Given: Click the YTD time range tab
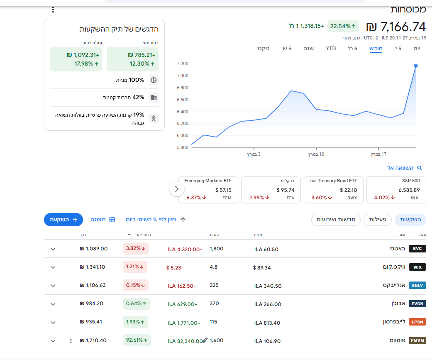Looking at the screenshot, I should pyautogui.click(x=331, y=49).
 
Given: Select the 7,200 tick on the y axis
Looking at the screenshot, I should pyautogui.click(x=183, y=64).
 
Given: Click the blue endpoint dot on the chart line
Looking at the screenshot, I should pyautogui.click(x=416, y=66).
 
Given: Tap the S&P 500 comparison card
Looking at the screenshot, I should pyautogui.click(x=396, y=190).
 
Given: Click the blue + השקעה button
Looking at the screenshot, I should pyautogui.click(x=63, y=220).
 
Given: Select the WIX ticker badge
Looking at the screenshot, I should pyautogui.click(x=417, y=267).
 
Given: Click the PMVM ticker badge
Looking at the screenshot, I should pyautogui.click(x=417, y=340).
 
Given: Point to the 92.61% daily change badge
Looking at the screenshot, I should pyautogui.click(x=136, y=340).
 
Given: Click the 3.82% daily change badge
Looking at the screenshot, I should pyautogui.click(x=136, y=249).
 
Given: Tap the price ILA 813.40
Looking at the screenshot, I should pyautogui.click(x=267, y=323).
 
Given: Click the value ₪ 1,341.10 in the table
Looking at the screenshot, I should pyautogui.click(x=92, y=267).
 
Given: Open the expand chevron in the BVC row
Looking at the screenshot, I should pyautogui.click(x=53, y=249).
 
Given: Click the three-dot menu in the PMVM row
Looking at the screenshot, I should pyautogui.click(x=71, y=341).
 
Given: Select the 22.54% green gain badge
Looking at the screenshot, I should pyautogui.click(x=343, y=26).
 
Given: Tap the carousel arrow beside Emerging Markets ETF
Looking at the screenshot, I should pyautogui.click(x=176, y=189).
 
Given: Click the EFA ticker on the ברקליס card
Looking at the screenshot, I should pyautogui.click(x=290, y=198).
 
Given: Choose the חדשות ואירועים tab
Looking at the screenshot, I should pyautogui.click(x=336, y=220).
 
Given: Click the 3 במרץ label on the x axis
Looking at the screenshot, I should pyautogui.click(x=254, y=154).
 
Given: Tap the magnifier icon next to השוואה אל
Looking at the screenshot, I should pyautogui.click(x=420, y=168).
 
